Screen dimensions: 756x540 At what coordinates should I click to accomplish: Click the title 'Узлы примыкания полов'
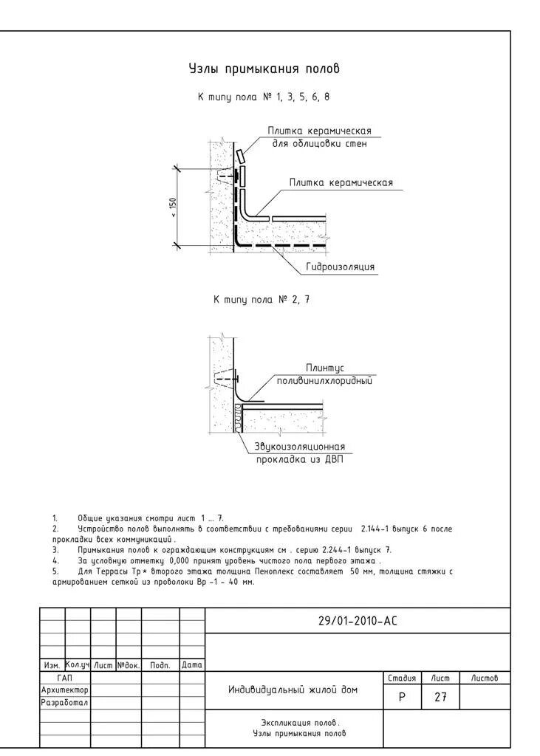point(264,69)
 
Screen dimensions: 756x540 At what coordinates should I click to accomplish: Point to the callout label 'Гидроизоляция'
point(340,267)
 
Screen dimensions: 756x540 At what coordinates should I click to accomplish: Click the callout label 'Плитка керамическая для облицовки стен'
point(319,137)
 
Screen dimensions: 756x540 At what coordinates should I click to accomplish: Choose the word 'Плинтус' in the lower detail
point(325,368)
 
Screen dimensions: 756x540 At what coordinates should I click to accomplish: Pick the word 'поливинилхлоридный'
point(324,381)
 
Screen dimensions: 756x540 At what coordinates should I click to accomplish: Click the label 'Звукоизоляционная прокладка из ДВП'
point(299,453)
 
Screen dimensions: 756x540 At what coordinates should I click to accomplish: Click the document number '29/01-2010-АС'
point(358,621)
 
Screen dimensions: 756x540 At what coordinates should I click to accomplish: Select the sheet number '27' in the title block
point(440,696)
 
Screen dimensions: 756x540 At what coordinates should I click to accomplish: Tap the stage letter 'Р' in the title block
point(402,696)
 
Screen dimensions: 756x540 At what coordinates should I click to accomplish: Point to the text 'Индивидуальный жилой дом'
point(293,690)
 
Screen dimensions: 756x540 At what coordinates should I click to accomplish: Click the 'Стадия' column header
point(402,677)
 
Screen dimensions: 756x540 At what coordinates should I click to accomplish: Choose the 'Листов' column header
point(485,677)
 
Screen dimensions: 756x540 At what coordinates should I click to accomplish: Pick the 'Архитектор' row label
point(64,690)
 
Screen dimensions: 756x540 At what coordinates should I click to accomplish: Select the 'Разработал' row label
point(64,702)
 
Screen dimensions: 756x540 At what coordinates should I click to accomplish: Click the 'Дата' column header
point(192,664)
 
